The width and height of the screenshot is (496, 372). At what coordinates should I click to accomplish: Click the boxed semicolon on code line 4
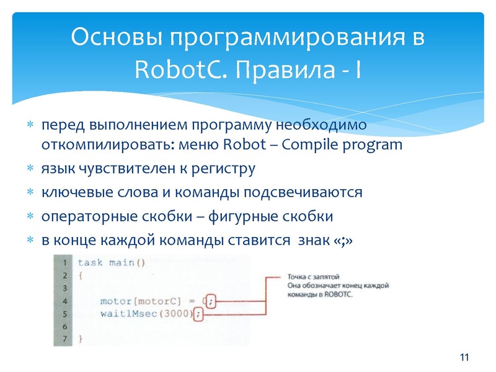(211, 301)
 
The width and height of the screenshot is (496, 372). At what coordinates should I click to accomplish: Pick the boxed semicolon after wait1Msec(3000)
(198, 314)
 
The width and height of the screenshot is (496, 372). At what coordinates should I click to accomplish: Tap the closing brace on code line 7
(80, 339)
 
